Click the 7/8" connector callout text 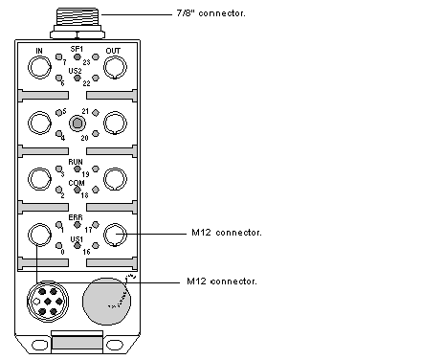(x=210, y=13)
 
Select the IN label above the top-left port (x=39, y=51)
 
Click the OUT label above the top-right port (x=113, y=51)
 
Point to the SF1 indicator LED (x=78, y=56)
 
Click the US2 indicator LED (x=78, y=78)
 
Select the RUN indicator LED (x=78, y=169)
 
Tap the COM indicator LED (x=78, y=190)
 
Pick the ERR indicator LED (x=78, y=225)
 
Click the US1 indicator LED (x=78, y=246)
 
